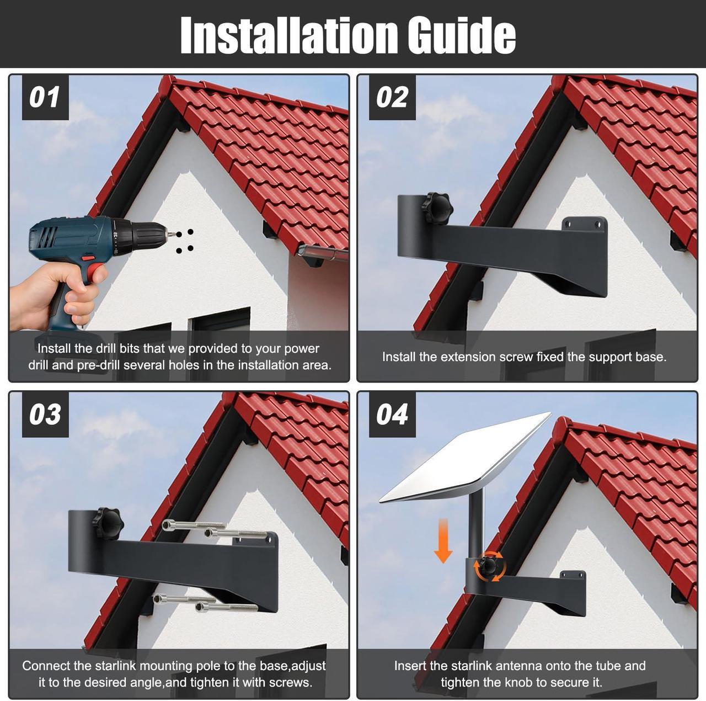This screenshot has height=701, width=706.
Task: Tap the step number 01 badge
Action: pos(45,98)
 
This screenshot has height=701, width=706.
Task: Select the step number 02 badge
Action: pos(392,98)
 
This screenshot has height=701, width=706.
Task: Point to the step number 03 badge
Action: pos(45,415)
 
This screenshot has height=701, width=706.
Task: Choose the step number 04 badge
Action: pos(392,415)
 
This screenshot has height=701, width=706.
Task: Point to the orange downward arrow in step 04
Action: pos(443,541)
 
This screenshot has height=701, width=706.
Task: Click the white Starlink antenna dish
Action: pos(466,458)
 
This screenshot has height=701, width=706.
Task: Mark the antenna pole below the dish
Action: pos(476,524)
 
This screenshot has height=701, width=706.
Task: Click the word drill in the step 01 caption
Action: pos(106,348)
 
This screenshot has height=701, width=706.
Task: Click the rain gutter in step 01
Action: pos(323,253)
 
